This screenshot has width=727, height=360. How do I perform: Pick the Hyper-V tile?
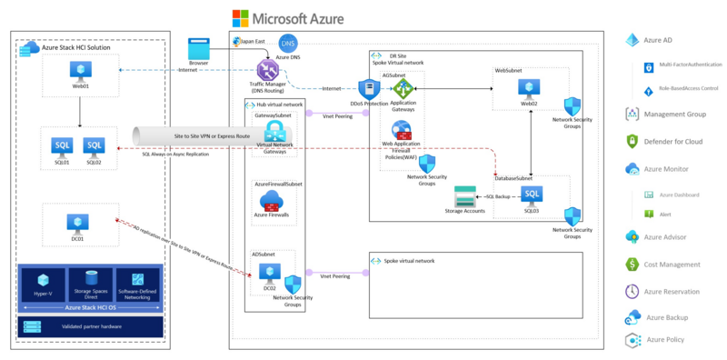(x=41, y=280)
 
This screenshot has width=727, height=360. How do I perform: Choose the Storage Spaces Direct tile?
(x=88, y=280)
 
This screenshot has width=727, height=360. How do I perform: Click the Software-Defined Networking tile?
(x=135, y=280)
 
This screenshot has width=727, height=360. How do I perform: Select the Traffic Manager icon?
(x=268, y=69)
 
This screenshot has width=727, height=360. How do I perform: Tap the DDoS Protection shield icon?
(x=369, y=89)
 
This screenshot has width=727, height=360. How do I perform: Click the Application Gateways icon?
(x=402, y=87)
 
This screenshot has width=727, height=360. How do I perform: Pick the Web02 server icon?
(x=529, y=87)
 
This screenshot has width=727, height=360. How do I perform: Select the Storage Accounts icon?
(x=465, y=195)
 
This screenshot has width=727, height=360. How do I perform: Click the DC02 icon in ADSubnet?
(x=270, y=271)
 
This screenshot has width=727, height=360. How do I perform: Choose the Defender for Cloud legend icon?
(x=632, y=141)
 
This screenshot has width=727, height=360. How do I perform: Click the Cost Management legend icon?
(x=632, y=264)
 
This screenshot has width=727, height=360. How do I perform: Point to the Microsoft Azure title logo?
(x=241, y=17)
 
